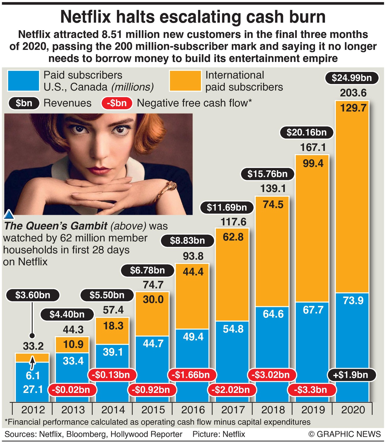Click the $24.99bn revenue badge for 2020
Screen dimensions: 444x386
coord(352,78)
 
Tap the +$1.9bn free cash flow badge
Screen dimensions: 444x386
coord(352,375)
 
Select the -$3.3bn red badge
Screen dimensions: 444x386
coord(311,390)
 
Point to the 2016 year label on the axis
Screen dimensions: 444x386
coord(193,410)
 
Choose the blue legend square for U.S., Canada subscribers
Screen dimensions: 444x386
coord(24,81)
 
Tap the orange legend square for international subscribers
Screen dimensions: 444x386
coord(185,81)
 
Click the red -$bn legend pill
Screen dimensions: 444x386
coord(117,103)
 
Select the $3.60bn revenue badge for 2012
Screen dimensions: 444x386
coord(33,295)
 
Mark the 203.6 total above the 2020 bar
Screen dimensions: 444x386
coord(353,93)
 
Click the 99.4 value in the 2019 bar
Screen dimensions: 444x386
coord(313,163)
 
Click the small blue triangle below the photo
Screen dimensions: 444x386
coord(9,215)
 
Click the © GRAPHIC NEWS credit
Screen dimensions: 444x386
coord(344,434)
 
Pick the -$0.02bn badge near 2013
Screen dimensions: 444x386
coord(71,390)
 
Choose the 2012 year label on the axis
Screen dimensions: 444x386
coord(33,410)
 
